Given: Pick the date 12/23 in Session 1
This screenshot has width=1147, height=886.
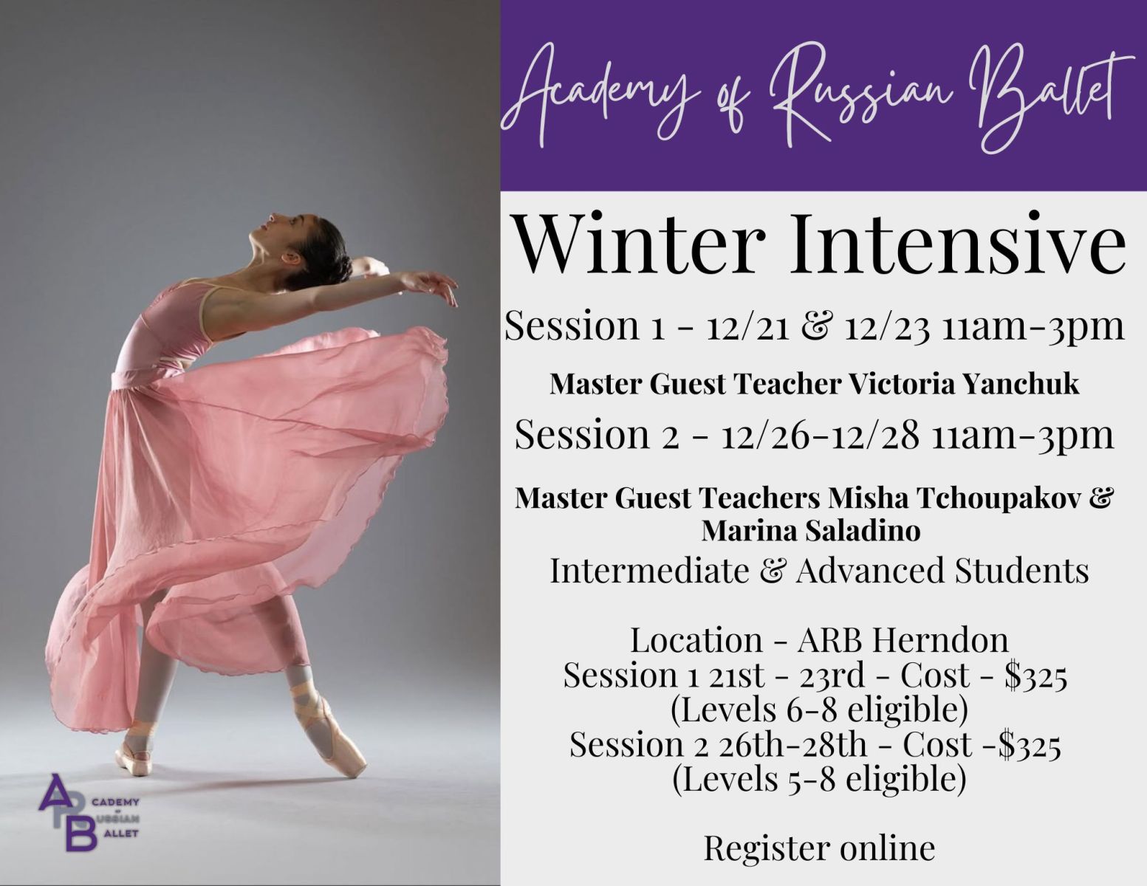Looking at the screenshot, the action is [x=887, y=327].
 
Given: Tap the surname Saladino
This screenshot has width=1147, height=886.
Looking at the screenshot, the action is [x=863, y=531].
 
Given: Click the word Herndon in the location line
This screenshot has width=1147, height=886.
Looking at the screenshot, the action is [x=940, y=641].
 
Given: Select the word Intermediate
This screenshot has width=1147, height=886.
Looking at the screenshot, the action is [x=648, y=571].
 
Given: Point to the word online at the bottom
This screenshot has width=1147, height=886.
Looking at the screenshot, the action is [x=887, y=848].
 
